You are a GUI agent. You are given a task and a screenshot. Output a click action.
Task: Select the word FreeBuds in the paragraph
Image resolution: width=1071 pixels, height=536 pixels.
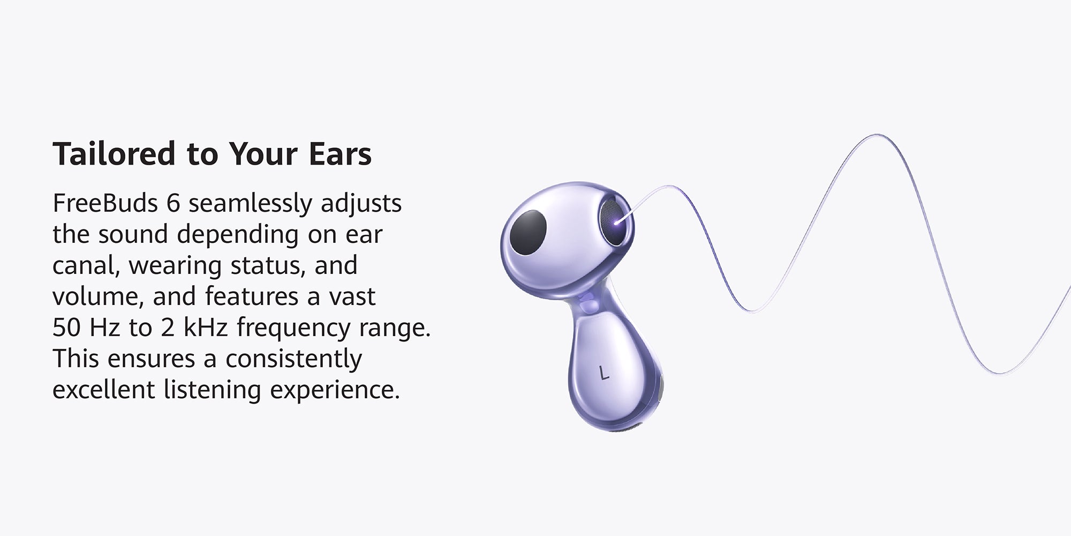click(105, 203)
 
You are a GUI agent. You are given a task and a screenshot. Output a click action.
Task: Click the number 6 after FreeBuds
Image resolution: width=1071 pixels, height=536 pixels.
click(173, 204)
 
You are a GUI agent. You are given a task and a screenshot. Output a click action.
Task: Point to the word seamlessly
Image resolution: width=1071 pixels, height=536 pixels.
click(250, 204)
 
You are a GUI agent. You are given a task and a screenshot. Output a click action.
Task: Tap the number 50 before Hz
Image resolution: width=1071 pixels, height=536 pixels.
click(66, 327)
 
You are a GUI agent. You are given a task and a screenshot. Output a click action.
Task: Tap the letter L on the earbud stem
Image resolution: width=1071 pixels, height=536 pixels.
click(605, 373)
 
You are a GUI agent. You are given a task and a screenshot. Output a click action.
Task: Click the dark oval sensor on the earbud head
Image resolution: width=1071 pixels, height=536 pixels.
click(528, 234)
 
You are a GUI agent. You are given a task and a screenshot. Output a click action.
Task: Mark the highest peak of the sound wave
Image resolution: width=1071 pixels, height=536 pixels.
click(877, 135)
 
